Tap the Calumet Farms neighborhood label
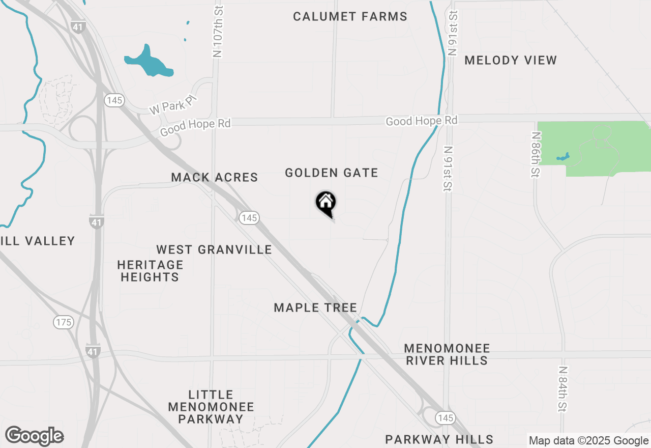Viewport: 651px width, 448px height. pos(350,17)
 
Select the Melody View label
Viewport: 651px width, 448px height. pos(511,60)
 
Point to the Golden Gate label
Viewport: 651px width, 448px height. pos(332,173)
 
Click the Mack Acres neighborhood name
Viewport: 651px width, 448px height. pos(215,177)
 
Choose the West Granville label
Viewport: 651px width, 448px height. pos(214,249)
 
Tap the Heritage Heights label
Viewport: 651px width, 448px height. pos(150,271)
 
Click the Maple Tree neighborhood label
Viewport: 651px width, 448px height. pos(315,307)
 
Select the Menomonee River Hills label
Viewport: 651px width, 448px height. pos(447,354)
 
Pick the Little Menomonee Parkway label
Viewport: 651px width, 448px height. pos(211,407)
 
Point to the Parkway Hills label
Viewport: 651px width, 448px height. pos(439,439)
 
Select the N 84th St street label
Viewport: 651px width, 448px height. pos(562,389)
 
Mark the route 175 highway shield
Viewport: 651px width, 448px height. pos(64,322)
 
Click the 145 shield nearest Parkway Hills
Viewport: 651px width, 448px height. pos(445,417)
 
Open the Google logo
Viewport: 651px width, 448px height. pos(35,436)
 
